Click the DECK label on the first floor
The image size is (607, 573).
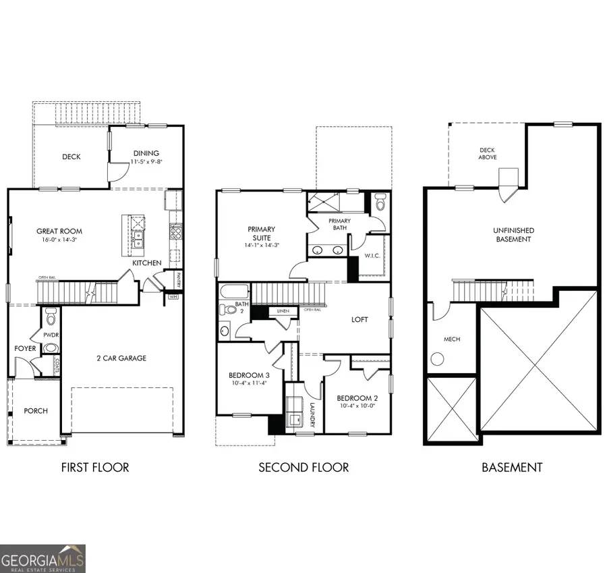click(71, 157)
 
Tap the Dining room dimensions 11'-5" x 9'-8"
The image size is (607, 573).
click(146, 162)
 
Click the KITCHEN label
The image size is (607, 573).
click(147, 263)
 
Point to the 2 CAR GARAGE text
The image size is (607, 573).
click(121, 358)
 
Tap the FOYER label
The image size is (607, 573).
click(25, 349)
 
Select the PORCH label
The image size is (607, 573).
click(36, 410)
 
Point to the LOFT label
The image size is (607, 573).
click(359, 319)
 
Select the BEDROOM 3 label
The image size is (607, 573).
click(249, 375)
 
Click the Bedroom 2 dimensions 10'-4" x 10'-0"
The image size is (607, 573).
click(357, 405)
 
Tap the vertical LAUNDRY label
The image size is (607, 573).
click(313, 414)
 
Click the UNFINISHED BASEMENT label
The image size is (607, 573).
click(513, 235)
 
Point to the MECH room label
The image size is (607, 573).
click(452, 339)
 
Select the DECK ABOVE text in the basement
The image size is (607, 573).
click(488, 154)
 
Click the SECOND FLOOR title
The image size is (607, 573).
click(303, 467)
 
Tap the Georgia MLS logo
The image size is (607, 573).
click(43, 558)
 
